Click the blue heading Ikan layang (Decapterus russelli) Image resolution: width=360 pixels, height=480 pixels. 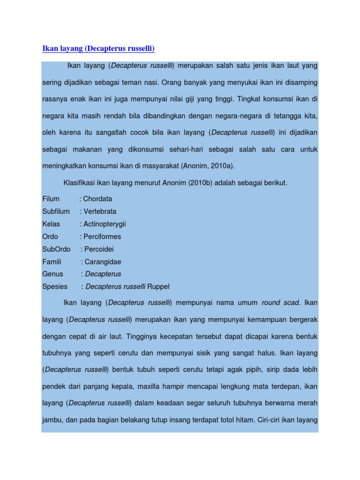click(98, 49)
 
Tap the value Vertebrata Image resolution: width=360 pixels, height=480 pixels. click(100, 211)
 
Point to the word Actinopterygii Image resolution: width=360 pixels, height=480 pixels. click(105, 224)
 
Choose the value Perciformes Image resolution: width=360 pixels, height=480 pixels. click(102, 237)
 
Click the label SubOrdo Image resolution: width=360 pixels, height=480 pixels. click(56, 249)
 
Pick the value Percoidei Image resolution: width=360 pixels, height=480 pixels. click(99, 249)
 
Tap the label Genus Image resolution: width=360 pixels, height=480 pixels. click(52, 274)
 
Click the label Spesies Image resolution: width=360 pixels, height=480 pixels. click(55, 286)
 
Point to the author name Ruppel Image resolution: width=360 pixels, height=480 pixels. click(158, 286)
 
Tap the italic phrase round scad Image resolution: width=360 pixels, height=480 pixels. click(280, 303)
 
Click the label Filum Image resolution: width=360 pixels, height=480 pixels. click(51, 199)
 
